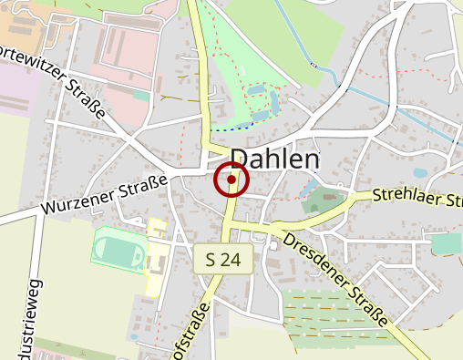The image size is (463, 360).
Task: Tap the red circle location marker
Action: pyautogui.click(x=231, y=180)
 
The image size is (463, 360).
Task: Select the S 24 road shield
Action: pyautogui.click(x=222, y=260)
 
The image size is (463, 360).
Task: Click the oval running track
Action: pyautogui.click(x=118, y=248)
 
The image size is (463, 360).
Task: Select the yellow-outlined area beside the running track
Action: pyautogui.click(x=156, y=255)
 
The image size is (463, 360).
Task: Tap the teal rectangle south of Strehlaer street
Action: pyautogui.click(x=446, y=243)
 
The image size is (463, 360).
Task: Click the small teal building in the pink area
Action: pyautogui.click(x=140, y=95)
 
